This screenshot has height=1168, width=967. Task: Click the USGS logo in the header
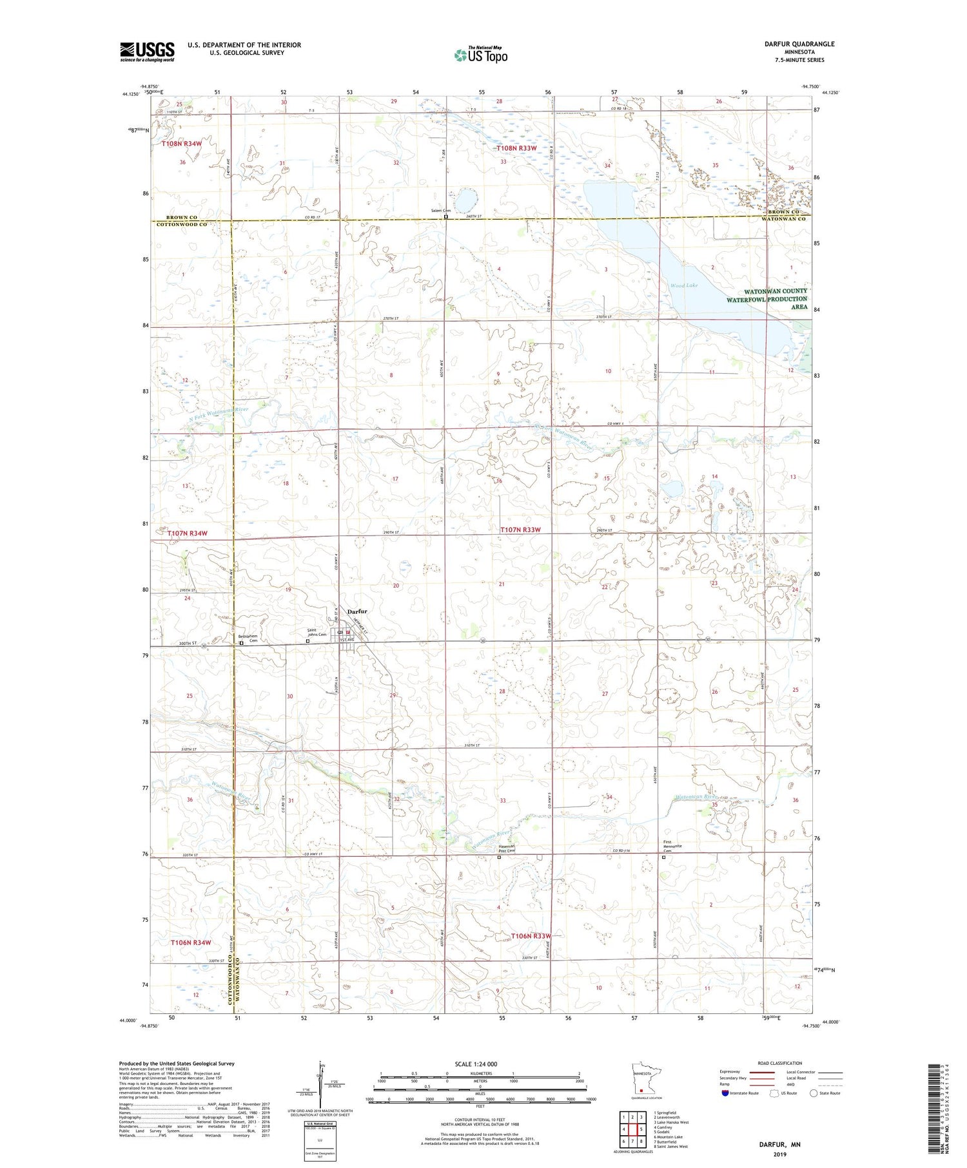[147, 52]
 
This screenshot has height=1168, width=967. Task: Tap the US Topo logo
[481, 55]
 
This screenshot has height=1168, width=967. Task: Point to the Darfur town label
[357, 611]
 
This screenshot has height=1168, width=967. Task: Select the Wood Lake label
[683, 285]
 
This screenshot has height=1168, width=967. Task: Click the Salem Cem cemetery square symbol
[446, 217]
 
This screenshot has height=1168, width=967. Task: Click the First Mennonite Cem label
[672, 847]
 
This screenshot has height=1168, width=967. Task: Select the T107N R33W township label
[520, 530]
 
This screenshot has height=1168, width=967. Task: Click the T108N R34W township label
[182, 144]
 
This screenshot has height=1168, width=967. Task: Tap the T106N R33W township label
[531, 935]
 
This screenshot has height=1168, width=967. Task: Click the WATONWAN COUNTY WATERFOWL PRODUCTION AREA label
[767, 299]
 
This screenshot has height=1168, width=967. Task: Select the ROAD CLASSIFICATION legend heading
[779, 1063]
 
